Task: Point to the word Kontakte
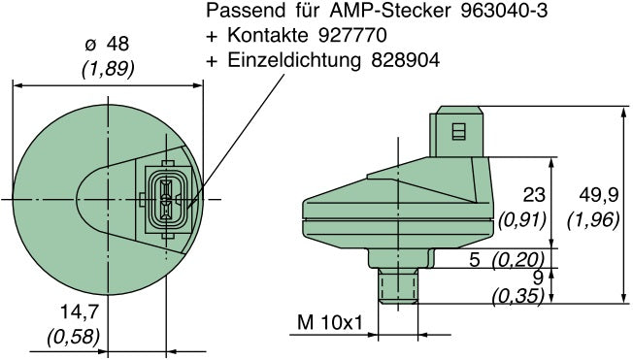coord(265,36)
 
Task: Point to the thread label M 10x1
coord(330,320)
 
